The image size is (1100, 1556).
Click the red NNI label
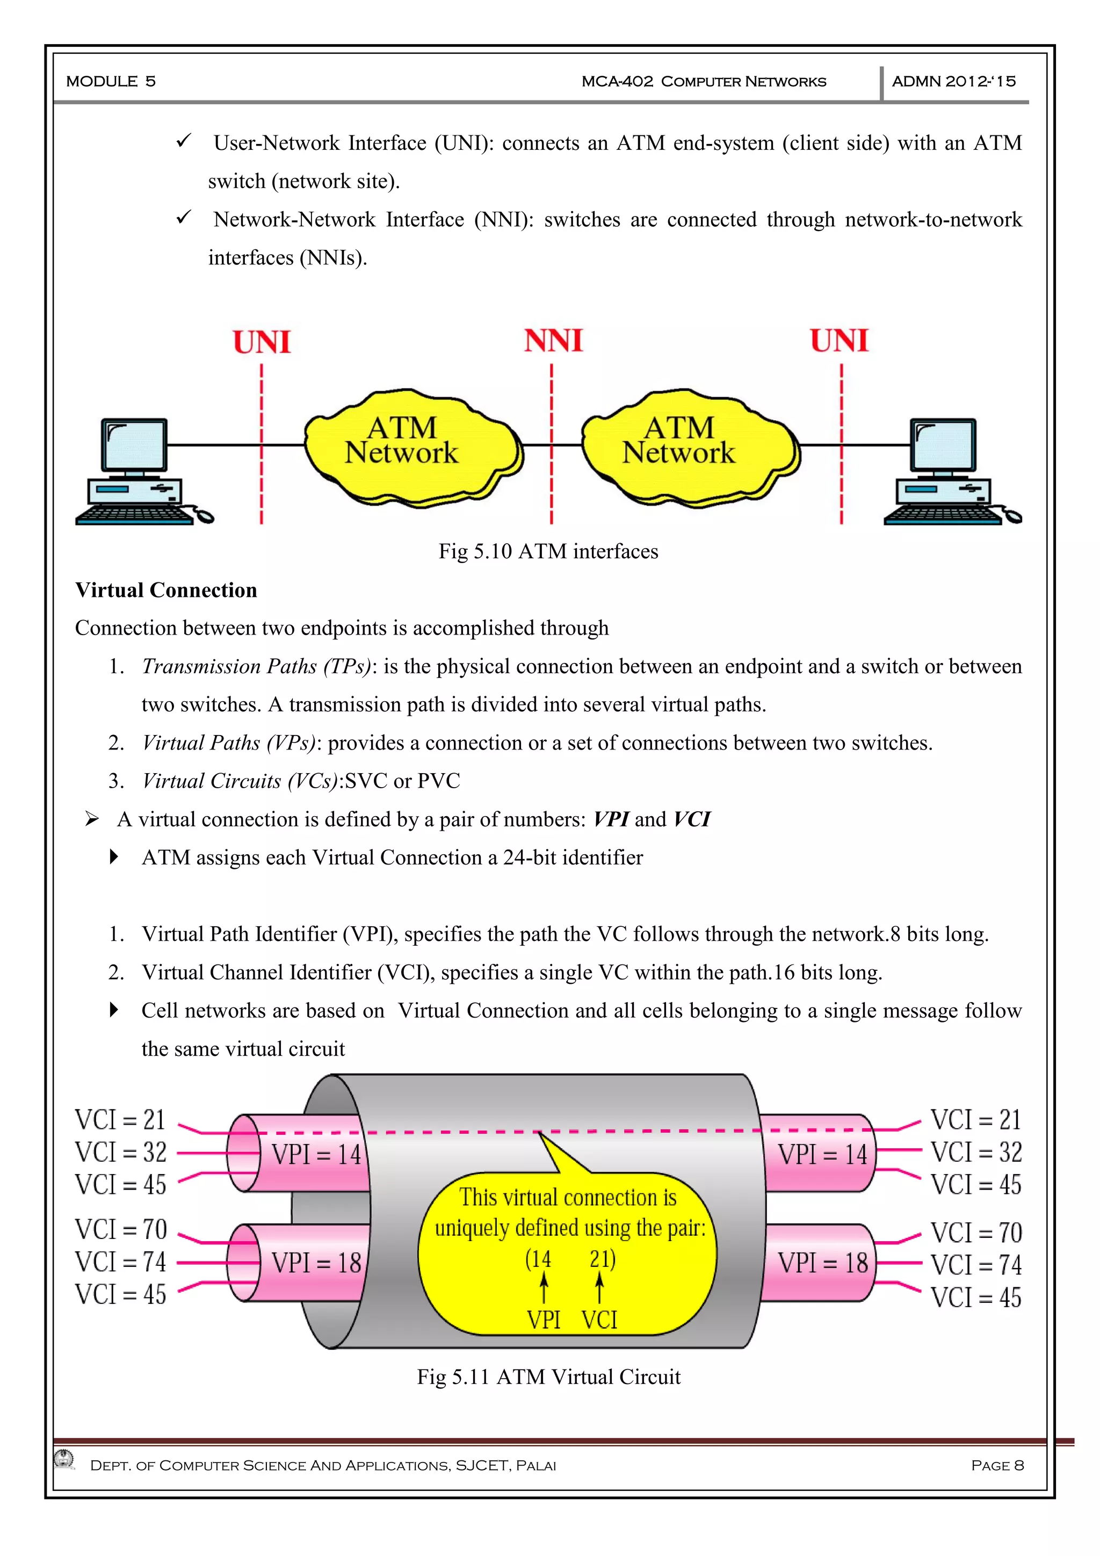553,341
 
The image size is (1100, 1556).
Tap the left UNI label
262,342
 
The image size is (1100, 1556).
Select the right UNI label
839,341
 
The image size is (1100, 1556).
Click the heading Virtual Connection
166,590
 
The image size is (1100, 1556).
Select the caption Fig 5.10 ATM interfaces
548,552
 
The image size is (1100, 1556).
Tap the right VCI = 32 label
975,1152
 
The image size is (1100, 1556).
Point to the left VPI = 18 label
316,1263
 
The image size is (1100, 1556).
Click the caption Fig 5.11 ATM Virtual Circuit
548,1377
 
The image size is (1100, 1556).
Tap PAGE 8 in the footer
997,1465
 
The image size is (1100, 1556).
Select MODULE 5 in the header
111,81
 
